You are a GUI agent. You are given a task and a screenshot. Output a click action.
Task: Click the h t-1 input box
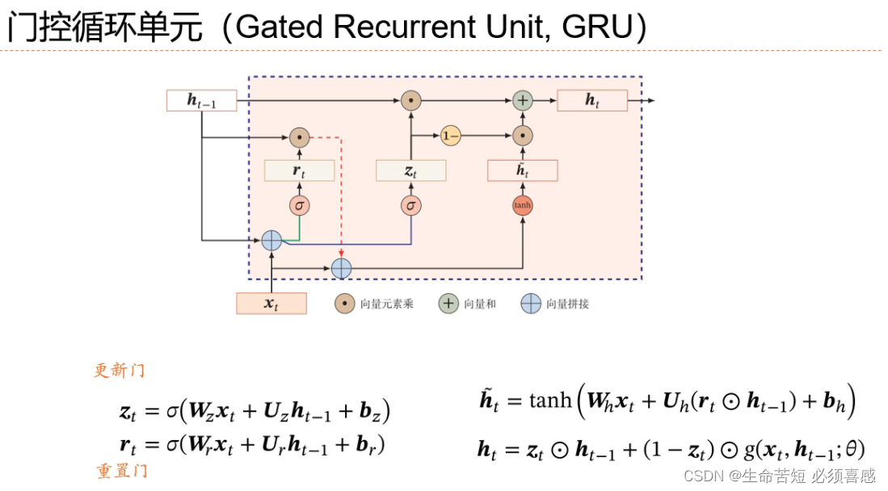click(201, 101)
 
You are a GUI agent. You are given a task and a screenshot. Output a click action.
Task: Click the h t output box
click(592, 100)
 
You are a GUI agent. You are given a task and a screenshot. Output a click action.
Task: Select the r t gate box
click(299, 170)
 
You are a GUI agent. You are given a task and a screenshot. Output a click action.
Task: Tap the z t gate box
click(410, 170)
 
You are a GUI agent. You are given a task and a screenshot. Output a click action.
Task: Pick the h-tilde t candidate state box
click(523, 170)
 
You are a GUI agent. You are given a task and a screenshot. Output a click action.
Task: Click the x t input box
click(271, 304)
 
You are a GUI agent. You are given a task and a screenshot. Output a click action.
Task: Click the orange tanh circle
click(523, 205)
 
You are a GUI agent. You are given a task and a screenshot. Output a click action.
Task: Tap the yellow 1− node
click(451, 136)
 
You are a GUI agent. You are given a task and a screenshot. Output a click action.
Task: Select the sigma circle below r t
click(299, 205)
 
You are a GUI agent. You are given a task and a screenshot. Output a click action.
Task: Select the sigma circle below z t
click(410, 205)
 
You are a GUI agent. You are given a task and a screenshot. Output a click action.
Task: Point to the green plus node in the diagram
click(523, 101)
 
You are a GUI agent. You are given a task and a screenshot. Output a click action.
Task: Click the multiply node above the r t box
click(299, 136)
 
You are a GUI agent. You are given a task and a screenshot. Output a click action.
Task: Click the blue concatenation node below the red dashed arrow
click(341, 267)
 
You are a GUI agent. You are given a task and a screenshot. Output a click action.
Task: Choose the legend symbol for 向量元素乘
click(345, 304)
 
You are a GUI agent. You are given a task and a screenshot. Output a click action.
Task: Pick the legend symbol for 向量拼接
click(530, 304)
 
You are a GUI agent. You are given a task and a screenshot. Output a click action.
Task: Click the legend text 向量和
click(480, 304)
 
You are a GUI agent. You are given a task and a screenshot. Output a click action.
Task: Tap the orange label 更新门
click(120, 371)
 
